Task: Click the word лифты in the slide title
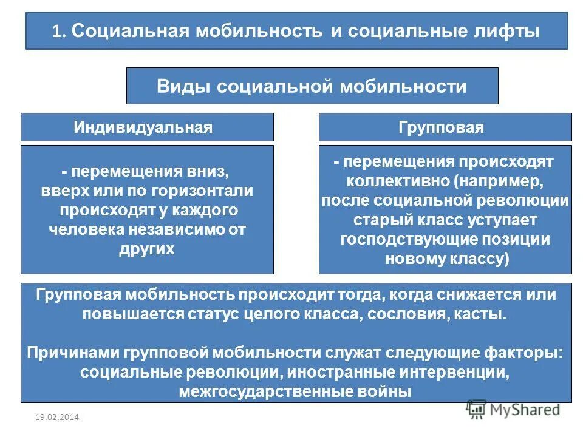[509, 31]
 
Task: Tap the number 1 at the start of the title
[56, 32]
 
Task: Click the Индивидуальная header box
[147, 127]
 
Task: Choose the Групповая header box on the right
[445, 127]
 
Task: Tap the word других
[147, 249]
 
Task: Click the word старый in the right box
[381, 220]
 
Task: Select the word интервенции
[452, 371]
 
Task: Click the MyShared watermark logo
[513, 410]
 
